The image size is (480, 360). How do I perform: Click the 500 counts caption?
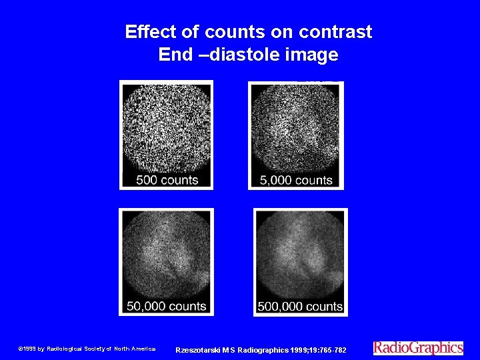(167, 180)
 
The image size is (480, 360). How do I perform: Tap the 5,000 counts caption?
(295, 180)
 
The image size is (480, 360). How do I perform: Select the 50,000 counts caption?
(167, 307)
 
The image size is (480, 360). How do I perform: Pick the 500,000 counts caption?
(301, 307)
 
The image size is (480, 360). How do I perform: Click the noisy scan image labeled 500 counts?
(166, 127)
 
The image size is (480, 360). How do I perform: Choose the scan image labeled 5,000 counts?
(295, 127)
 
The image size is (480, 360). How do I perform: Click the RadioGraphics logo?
(418, 347)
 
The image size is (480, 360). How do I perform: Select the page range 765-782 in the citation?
(332, 350)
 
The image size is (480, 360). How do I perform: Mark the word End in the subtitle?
(175, 55)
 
